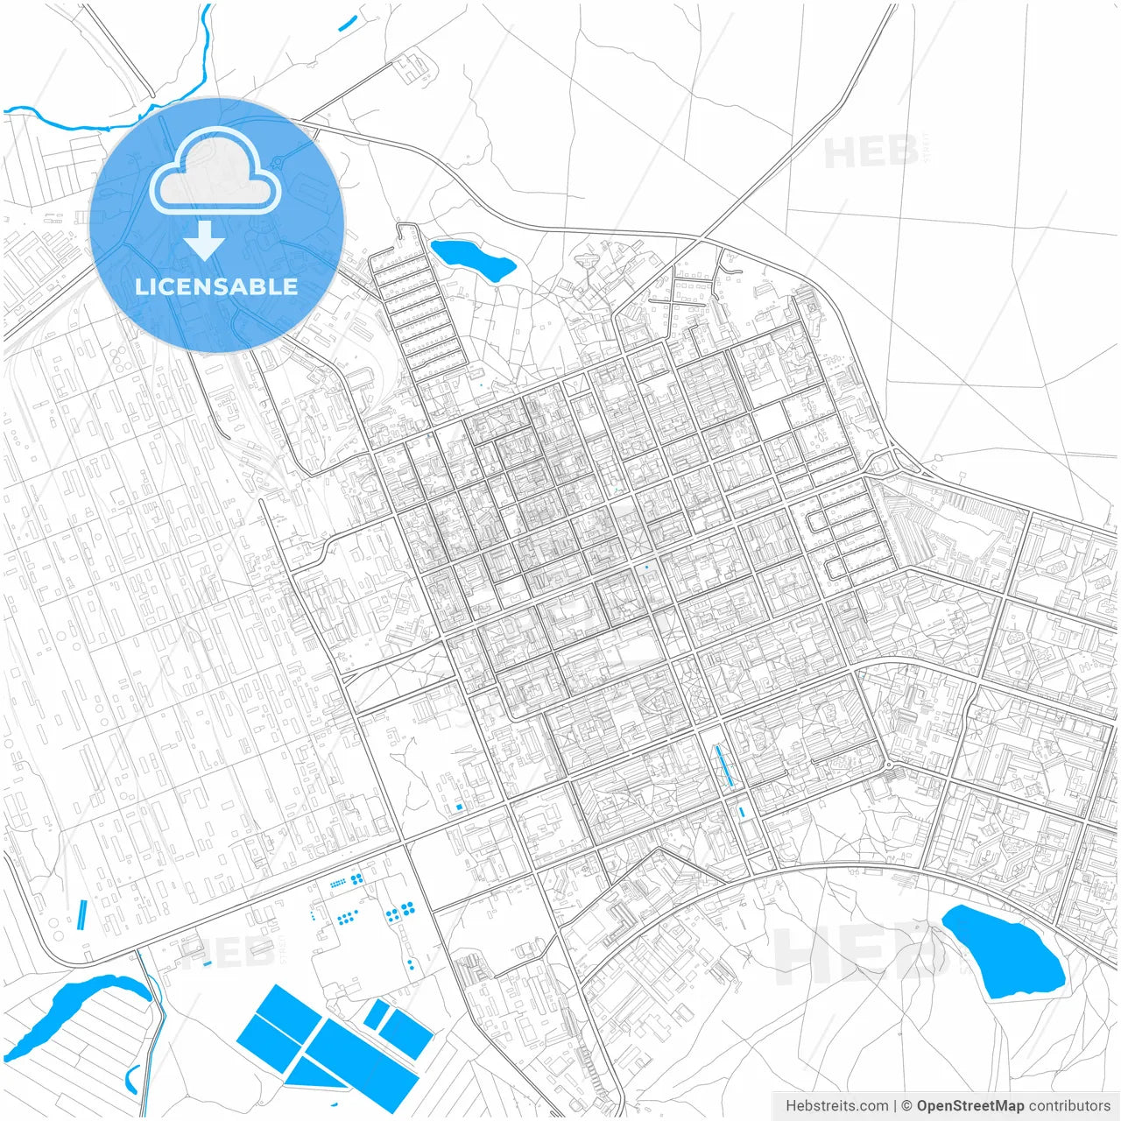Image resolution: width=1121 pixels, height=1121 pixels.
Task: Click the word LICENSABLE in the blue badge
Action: tap(216, 286)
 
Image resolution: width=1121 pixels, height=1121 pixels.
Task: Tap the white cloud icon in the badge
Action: tap(215, 172)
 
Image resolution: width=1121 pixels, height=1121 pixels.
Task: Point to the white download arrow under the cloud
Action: tap(205, 240)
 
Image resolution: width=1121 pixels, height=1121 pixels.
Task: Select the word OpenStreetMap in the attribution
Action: tap(969, 1106)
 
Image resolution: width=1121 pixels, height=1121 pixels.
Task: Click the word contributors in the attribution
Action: tap(1069, 1106)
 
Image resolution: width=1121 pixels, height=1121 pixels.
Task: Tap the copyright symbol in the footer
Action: tap(907, 1106)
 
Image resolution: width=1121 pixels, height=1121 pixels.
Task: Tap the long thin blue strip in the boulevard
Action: tap(724, 765)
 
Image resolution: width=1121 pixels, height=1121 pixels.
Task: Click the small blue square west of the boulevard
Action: tap(458, 807)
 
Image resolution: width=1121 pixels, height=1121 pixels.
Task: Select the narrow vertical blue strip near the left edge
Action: tap(82, 915)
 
